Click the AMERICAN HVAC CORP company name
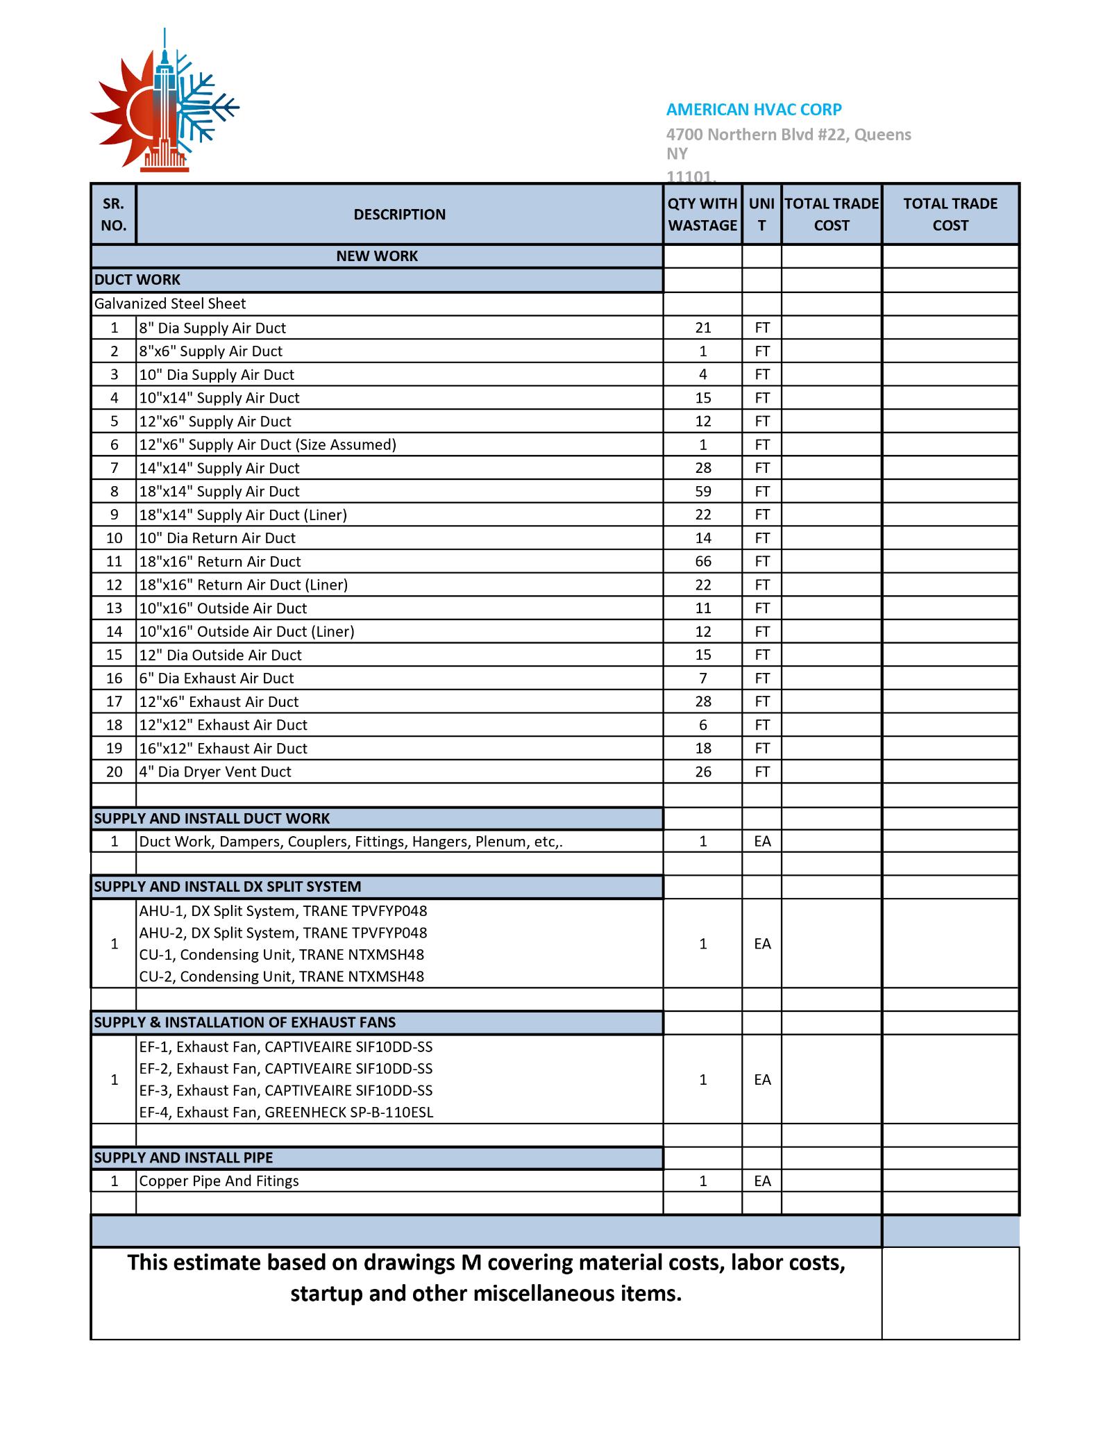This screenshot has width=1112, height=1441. [754, 110]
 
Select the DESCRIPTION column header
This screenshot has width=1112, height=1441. [399, 215]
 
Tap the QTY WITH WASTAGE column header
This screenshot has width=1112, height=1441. [702, 215]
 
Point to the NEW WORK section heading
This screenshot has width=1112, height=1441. [377, 256]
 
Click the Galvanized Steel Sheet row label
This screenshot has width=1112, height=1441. [170, 304]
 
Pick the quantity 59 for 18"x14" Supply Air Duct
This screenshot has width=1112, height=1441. [702, 492]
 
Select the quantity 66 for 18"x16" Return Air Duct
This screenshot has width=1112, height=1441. [702, 562]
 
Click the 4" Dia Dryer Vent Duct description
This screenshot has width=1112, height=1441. [215, 772]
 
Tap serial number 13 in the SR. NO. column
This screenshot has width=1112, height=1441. [114, 608]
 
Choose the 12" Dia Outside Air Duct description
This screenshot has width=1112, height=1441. [220, 656]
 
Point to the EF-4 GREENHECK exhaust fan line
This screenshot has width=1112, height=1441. [286, 1113]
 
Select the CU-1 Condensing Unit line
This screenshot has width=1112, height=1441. [281, 955]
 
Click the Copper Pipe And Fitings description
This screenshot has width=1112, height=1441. [219, 1181]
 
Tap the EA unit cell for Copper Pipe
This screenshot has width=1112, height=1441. [762, 1181]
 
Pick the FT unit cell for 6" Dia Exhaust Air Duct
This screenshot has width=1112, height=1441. [762, 678]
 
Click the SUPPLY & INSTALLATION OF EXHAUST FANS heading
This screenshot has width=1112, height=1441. [244, 1022]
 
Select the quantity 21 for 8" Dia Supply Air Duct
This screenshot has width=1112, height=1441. [702, 328]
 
